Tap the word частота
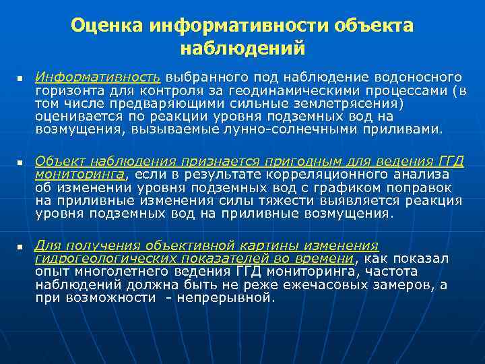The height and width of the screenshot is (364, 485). (x=391, y=271)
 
